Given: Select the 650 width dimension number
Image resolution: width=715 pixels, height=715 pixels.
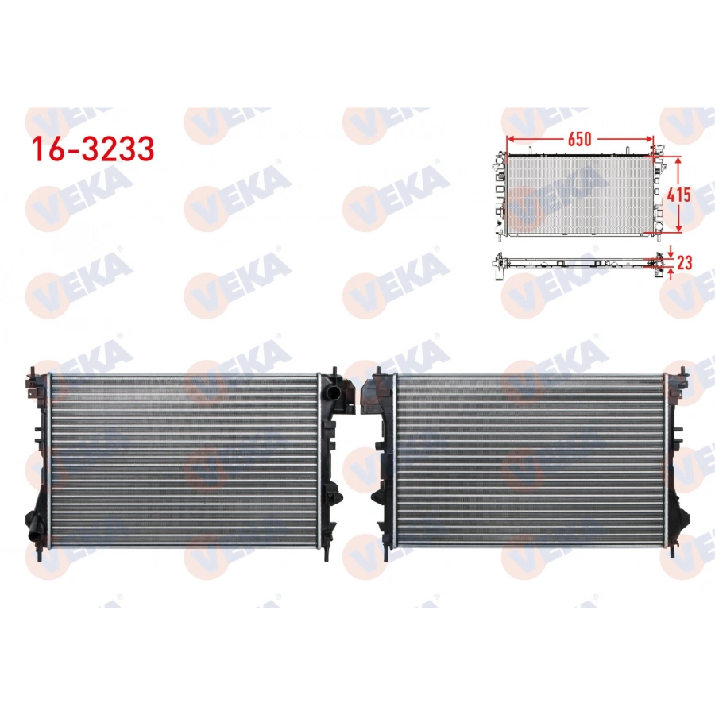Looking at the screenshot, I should (579, 139).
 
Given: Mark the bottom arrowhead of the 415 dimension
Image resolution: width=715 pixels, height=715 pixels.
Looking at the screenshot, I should (678, 229).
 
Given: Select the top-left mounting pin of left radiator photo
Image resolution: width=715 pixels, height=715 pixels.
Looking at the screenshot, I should (33, 370).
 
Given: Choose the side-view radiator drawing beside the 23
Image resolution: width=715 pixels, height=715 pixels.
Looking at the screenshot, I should (576, 261).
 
